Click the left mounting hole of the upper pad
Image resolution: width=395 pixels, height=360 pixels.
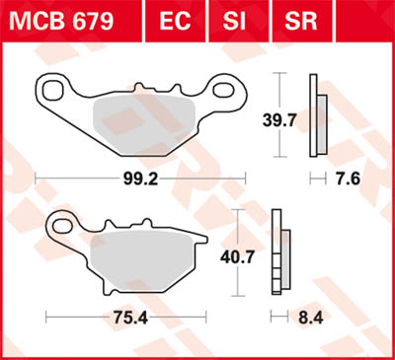coord(51,92)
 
